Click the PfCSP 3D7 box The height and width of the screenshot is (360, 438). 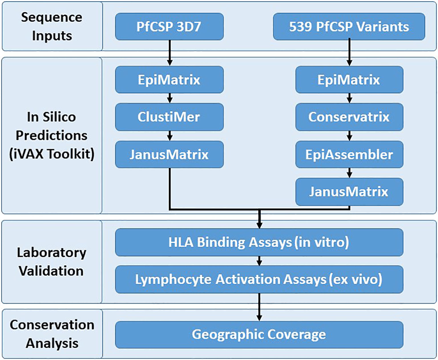coord(169,27)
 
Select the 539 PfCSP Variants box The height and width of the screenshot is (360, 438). coord(349,27)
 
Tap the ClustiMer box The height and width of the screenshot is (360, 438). coord(169,117)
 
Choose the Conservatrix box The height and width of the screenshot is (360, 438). coord(349,117)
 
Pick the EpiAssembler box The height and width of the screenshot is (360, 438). coord(349,154)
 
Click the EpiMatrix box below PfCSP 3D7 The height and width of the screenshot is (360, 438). coord(169,80)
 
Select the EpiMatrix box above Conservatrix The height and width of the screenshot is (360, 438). coord(349,80)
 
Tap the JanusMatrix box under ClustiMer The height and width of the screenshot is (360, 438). coord(169,154)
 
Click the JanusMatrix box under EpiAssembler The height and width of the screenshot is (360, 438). coord(349,192)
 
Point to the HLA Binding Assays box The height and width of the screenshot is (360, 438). coord(259,242)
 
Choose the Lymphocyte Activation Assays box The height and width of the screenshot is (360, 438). coord(259,280)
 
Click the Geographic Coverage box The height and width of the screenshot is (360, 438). coord(259,334)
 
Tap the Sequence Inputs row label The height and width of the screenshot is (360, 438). coord(52,26)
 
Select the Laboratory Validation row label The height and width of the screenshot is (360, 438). coord(52,262)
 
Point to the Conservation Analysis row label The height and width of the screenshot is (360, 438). coord(52,334)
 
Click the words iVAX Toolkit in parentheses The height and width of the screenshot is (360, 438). coord(52,154)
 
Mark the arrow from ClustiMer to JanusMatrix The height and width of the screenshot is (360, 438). coord(170,136)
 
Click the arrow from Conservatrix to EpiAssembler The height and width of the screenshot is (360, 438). coord(350,136)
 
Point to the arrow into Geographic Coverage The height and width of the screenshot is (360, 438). coord(259,307)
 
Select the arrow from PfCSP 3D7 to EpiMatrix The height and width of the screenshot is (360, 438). coord(170,53)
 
